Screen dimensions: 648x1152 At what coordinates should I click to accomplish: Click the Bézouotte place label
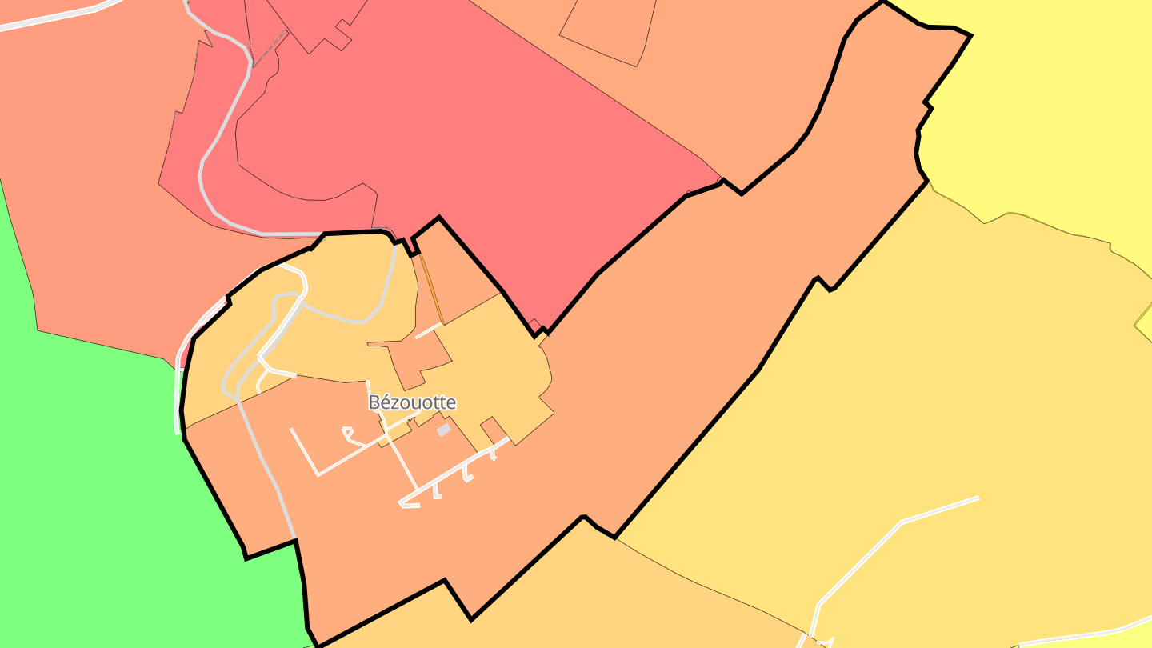(x=412, y=402)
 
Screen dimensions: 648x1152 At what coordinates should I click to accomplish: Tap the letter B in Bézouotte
(x=374, y=402)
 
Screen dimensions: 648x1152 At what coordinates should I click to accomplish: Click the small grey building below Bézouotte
(x=443, y=430)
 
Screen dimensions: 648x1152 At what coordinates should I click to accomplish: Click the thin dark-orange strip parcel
(x=431, y=288)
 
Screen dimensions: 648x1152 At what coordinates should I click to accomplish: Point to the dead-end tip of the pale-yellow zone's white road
(x=978, y=498)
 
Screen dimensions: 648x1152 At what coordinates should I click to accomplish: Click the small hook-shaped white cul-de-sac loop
(x=348, y=433)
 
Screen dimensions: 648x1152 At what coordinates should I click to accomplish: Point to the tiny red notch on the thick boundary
(x=534, y=324)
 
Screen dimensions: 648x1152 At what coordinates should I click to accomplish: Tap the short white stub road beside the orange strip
(x=427, y=330)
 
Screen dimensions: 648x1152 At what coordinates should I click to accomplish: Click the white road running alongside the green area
(x=178, y=400)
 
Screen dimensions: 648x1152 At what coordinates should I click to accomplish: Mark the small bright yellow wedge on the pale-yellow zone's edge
(x=1144, y=320)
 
